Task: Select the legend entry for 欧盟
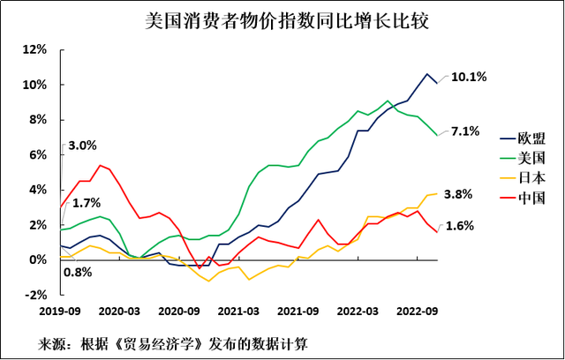(x=531, y=139)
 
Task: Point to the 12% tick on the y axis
(x=34, y=49)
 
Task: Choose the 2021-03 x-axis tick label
(x=238, y=311)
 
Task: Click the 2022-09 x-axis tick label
(x=418, y=311)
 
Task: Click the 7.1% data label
(x=464, y=131)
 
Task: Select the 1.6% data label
(x=464, y=226)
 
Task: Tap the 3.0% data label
(x=82, y=145)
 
